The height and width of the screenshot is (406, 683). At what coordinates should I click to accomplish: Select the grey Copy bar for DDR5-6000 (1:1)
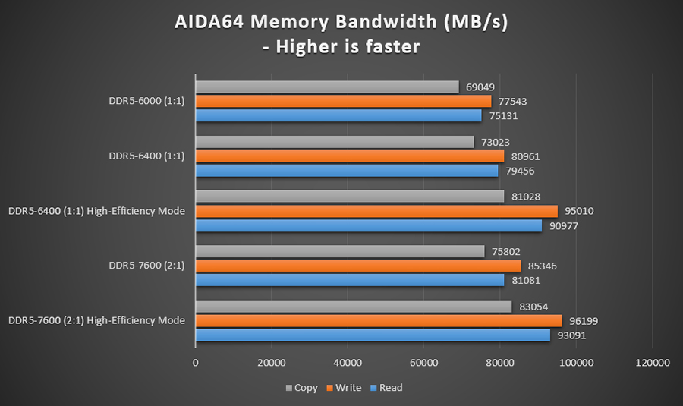click(327, 87)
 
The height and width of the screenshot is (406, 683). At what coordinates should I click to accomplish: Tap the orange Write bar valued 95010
click(376, 211)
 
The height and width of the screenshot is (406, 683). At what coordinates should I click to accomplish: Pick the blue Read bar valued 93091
click(373, 335)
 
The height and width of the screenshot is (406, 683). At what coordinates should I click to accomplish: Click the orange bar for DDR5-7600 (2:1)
click(358, 266)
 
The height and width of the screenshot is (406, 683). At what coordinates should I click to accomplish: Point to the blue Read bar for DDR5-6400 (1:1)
click(347, 171)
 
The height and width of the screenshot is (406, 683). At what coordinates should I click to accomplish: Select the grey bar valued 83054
click(354, 307)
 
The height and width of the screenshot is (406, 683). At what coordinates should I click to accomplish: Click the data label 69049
click(480, 88)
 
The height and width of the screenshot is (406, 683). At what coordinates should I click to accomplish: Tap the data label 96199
click(584, 321)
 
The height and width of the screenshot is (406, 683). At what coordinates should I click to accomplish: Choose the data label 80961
click(525, 156)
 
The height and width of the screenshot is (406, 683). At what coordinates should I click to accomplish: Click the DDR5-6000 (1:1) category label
click(146, 101)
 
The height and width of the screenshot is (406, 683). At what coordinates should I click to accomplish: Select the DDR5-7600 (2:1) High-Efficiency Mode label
click(96, 320)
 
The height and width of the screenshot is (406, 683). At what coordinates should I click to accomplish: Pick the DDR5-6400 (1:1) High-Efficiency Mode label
click(96, 211)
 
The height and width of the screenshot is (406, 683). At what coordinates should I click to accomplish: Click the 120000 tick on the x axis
click(652, 364)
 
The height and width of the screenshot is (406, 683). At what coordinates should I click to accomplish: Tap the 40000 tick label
click(348, 364)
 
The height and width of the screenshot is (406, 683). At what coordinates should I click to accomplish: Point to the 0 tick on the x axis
click(196, 364)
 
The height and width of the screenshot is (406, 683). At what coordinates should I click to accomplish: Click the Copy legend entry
click(301, 388)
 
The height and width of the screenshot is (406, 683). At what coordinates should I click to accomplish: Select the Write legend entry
click(345, 388)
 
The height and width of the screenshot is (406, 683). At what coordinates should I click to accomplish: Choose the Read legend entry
click(386, 388)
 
